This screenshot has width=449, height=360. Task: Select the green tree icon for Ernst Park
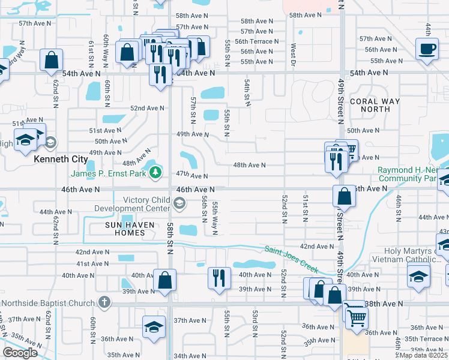pyautogui.click(x=156, y=173)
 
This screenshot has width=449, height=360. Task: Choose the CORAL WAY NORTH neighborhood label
pyautogui.click(x=374, y=105)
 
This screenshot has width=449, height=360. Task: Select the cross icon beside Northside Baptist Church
pyautogui.click(x=104, y=302)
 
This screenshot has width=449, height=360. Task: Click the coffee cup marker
pyautogui.click(x=427, y=49)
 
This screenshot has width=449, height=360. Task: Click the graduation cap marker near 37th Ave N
pyautogui.click(x=154, y=328)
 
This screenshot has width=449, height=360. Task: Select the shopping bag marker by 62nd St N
pyautogui.click(x=52, y=59)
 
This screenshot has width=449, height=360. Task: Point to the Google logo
pyautogui.click(x=20, y=353)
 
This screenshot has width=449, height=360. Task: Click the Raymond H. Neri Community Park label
pyautogui.click(x=413, y=174)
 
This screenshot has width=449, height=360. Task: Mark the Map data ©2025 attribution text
pyautogui.click(x=424, y=355)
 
